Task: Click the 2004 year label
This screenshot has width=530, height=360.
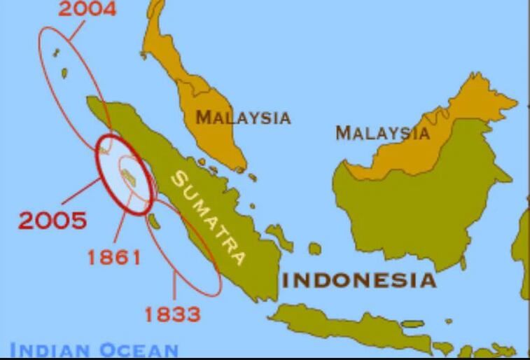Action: (x=88, y=9)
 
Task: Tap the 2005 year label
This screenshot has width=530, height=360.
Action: (x=53, y=221)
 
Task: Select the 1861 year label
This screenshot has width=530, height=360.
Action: (x=114, y=257)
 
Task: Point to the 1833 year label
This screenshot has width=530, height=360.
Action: (x=172, y=314)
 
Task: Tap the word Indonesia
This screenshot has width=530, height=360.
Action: (x=358, y=281)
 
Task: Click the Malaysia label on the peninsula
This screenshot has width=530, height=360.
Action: (x=243, y=117)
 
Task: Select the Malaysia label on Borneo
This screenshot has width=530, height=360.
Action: (x=382, y=132)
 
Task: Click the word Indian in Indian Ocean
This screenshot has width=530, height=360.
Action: (x=49, y=349)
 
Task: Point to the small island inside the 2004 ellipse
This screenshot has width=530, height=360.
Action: (x=64, y=73)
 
